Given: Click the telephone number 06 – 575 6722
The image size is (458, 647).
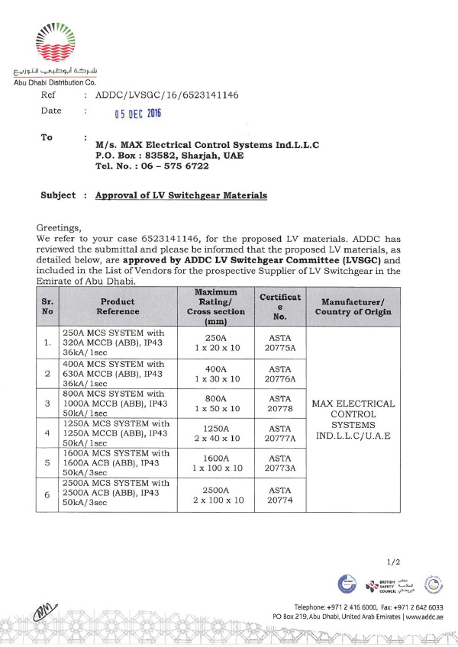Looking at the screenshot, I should coord(152,166).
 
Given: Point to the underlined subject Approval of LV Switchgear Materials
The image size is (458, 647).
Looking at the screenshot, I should coord(181,195).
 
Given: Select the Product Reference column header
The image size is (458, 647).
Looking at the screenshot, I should coord(118,307).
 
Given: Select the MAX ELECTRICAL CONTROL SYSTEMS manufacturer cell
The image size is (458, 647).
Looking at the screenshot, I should coord(354,420).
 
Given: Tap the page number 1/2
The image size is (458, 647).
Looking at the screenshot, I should coord(394,562).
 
